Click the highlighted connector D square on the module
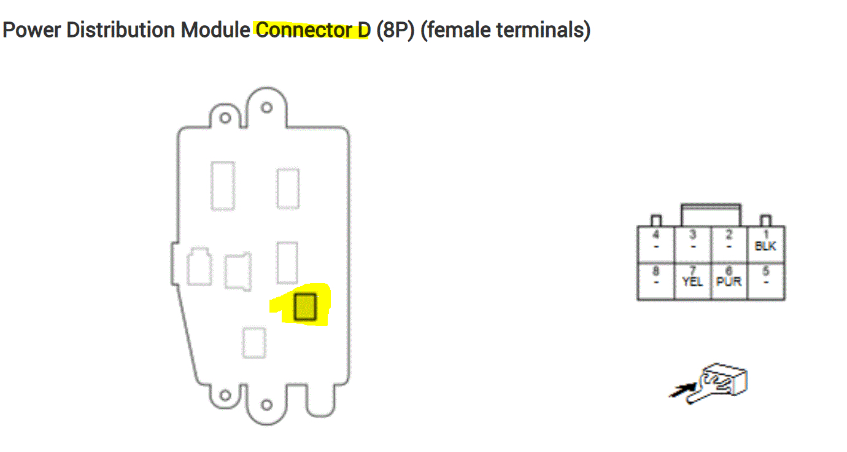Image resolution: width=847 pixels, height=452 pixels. tap(304, 307)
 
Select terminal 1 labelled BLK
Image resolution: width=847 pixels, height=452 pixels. tap(766, 244)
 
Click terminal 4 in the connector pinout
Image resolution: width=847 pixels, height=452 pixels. tap(656, 244)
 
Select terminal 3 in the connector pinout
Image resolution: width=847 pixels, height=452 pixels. tap(692, 244)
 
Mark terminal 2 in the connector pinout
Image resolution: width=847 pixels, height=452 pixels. tap(729, 244)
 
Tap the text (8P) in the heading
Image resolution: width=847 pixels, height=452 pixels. tap(395, 29)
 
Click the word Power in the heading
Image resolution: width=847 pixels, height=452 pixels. tap(31, 29)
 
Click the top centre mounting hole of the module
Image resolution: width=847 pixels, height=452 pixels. tap(266, 107)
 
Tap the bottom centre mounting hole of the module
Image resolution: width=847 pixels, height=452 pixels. tap(266, 405)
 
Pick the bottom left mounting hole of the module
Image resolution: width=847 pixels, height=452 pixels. tap(225, 396)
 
